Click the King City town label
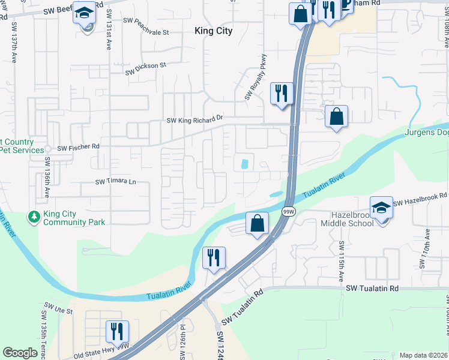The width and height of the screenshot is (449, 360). (x=214, y=31)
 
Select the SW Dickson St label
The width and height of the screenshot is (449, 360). (x=145, y=69)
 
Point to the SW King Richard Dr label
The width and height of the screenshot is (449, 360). (x=194, y=120)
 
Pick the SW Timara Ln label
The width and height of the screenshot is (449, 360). (x=116, y=182)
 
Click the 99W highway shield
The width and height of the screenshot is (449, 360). (x=289, y=212)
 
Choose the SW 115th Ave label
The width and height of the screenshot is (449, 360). (x=340, y=262)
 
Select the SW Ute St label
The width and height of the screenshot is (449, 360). (x=57, y=311)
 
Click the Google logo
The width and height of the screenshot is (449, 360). (x=20, y=353)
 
